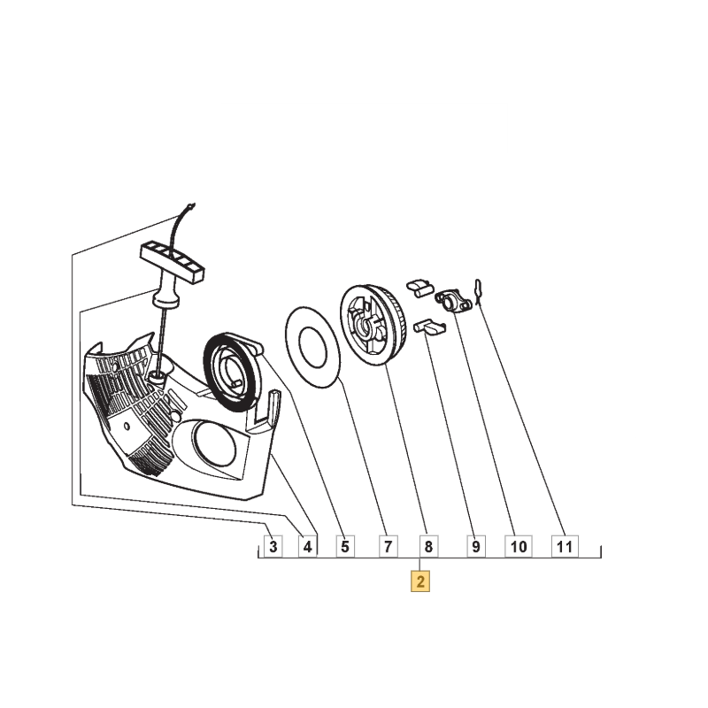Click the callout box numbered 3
[273, 546]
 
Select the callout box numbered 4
[307, 546]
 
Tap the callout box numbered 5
[345, 546]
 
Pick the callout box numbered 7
[388, 546]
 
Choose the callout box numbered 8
[428, 546]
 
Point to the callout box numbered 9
[476, 546]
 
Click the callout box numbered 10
[519, 546]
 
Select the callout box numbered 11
[565, 546]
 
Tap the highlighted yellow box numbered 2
[419, 581]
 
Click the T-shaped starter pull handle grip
[172, 262]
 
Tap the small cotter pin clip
[478, 291]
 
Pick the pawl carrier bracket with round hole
[453, 301]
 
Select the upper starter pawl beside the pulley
[420, 289]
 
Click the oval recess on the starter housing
[214, 442]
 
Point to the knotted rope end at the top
[191, 207]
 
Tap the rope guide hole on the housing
[157, 375]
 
